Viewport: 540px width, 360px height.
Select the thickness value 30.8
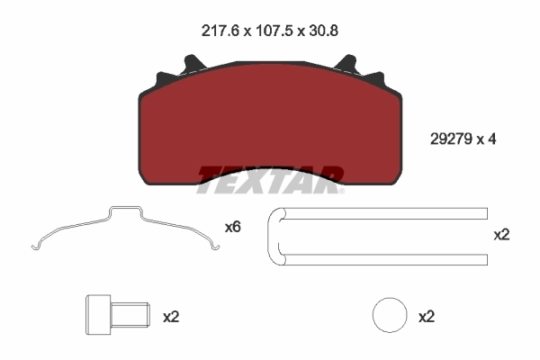tap(322, 30)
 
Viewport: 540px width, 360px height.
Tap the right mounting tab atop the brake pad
tap(347, 66)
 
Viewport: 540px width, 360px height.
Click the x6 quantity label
tap(232, 228)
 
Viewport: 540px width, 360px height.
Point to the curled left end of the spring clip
tap(36, 245)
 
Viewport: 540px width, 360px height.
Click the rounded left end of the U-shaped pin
tap(273, 237)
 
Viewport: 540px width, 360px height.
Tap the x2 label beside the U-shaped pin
tap(502, 235)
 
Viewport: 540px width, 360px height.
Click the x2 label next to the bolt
tap(172, 317)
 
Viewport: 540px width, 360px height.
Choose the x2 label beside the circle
tap(427, 317)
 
